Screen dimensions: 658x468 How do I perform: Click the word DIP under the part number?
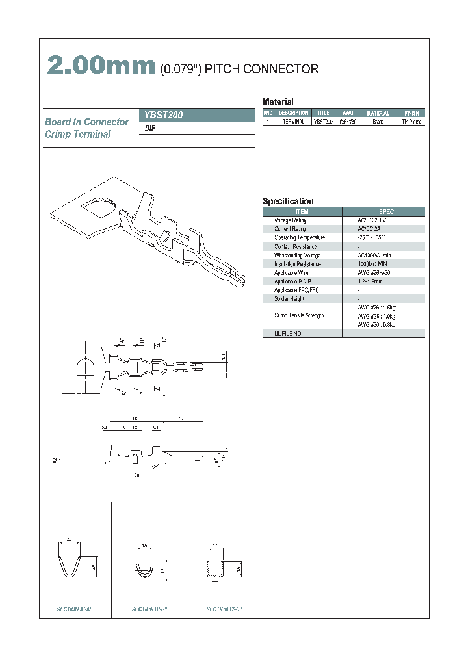(149, 129)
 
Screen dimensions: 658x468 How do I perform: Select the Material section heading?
(278, 102)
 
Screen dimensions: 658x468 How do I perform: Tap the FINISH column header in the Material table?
(411, 113)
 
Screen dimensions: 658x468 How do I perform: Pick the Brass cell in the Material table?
(378, 122)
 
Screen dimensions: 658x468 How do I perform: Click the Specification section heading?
(288, 202)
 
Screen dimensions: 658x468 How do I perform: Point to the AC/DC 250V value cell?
(372, 220)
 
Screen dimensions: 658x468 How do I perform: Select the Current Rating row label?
(290, 229)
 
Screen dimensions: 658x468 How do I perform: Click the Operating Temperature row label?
(300, 238)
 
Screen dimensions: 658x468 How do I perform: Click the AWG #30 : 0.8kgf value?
(377, 324)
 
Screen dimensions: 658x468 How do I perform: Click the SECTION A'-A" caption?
(75, 609)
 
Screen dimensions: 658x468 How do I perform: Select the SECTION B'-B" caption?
(150, 609)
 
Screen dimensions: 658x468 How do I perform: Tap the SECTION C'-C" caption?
(225, 609)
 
